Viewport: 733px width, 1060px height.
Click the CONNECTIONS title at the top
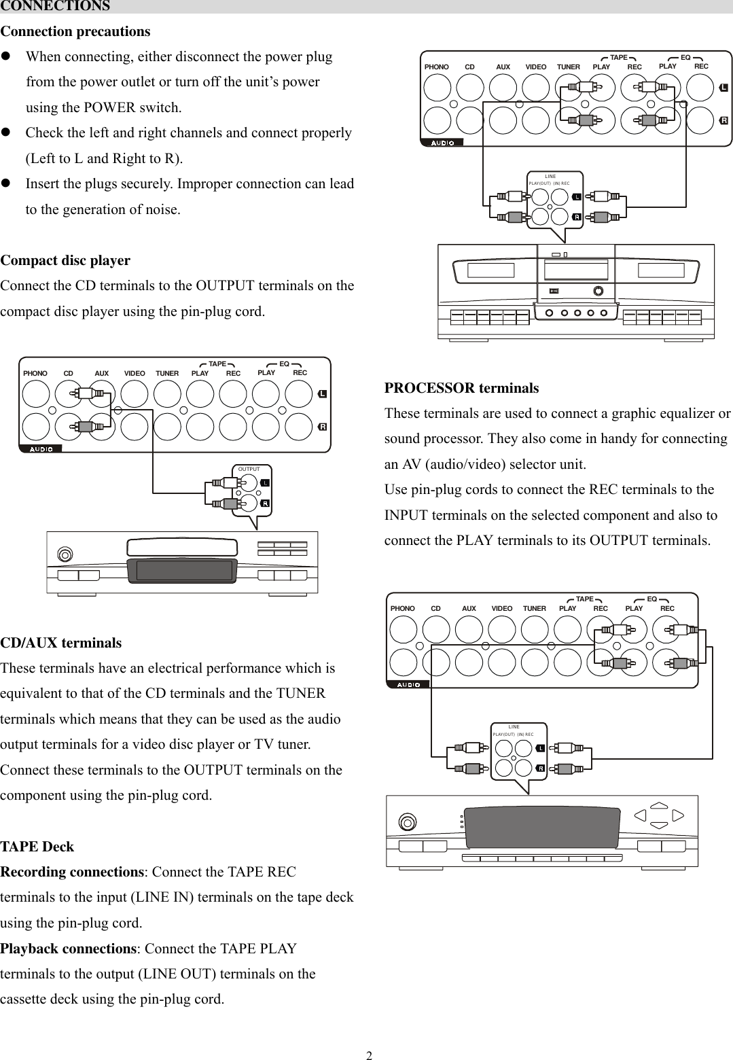[x=55, y=6]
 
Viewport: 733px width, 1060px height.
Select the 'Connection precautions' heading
[x=75, y=31]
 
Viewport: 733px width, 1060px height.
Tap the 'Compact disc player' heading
[x=65, y=260]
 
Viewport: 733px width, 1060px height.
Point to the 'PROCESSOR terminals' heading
[x=461, y=388]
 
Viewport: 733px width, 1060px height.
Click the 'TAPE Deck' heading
[x=37, y=847]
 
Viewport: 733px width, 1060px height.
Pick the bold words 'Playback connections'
[x=69, y=949]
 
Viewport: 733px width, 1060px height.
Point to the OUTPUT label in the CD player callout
[x=249, y=470]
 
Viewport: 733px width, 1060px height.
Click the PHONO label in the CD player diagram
[x=35, y=374]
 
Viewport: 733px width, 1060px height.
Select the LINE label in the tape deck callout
[x=550, y=177]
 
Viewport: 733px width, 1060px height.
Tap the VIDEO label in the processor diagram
[x=502, y=609]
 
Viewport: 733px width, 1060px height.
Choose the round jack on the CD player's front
[x=64, y=554]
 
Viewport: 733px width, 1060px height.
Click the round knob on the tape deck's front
[x=598, y=291]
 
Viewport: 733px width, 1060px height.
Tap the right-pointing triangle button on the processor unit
[x=677, y=816]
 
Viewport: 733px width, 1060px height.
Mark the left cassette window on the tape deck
[x=490, y=270]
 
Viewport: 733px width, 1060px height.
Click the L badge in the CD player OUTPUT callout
[x=265, y=483]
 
